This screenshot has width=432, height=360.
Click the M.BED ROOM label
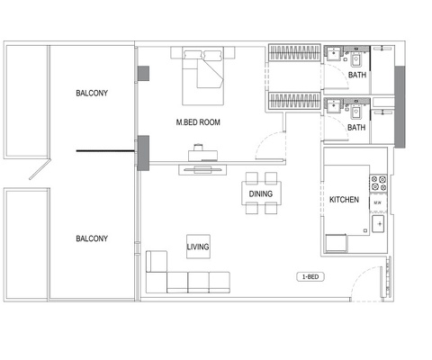pos(199,121)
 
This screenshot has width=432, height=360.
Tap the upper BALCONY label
pos(92,92)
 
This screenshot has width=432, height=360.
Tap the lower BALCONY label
pos(92,238)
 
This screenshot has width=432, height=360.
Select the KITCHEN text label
pos(345,199)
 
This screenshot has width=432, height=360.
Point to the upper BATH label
pos(356,76)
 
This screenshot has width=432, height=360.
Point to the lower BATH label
pos(356,128)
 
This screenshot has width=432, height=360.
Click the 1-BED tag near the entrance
pos(309,276)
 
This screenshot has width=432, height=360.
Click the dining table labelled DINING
pos(261,194)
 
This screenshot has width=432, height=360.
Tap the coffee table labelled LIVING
pos(198,247)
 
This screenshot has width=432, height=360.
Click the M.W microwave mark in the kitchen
pos(376,203)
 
